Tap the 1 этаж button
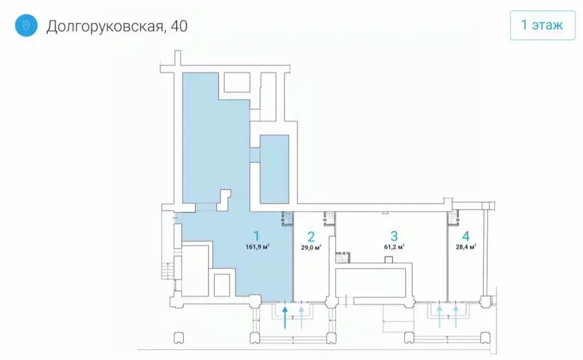point(542,26)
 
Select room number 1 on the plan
point(256,235)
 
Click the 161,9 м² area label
point(258,247)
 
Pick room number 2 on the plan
point(311,236)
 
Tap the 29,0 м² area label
point(311,247)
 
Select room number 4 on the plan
point(466,236)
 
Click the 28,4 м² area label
point(466,247)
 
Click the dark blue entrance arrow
point(285,317)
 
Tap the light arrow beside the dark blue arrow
point(301,317)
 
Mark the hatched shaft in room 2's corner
point(329,216)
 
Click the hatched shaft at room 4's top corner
point(454,216)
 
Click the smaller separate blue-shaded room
point(274,170)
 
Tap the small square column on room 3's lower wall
point(389,260)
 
